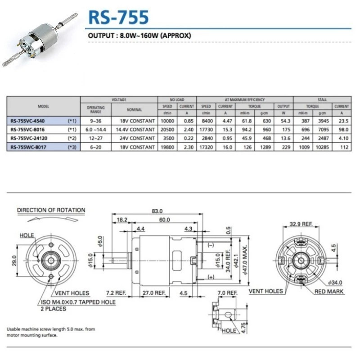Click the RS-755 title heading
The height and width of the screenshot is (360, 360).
coord(118,17)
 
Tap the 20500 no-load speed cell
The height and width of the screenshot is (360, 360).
coord(167,130)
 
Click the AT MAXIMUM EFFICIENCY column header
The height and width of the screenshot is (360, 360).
coord(245,99)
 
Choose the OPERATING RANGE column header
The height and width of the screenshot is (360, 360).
coord(95,109)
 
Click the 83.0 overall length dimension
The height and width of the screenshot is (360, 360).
coord(157,211)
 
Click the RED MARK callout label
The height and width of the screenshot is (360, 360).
coord(329,292)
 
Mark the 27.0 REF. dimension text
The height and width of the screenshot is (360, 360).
coord(152,292)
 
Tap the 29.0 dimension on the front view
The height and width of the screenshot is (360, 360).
coord(14,260)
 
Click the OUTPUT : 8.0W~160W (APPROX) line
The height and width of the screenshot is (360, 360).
coord(139,35)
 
